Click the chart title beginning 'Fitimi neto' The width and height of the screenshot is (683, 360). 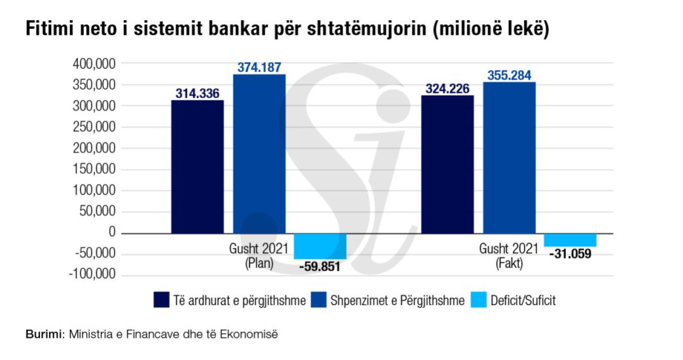point(287,31)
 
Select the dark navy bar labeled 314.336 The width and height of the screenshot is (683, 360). point(197,166)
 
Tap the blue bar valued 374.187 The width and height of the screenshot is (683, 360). point(259,154)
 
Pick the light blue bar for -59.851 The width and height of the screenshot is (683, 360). point(320,246)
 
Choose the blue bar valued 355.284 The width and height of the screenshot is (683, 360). point(509,158)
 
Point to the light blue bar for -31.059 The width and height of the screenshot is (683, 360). point(570,240)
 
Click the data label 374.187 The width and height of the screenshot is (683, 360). point(259,67)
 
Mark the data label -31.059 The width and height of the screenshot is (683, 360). point(570,253)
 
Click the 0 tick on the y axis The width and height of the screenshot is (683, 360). point(111,232)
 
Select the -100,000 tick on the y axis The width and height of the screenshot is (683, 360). point(92,274)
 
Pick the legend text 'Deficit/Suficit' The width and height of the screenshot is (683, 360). point(523,300)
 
